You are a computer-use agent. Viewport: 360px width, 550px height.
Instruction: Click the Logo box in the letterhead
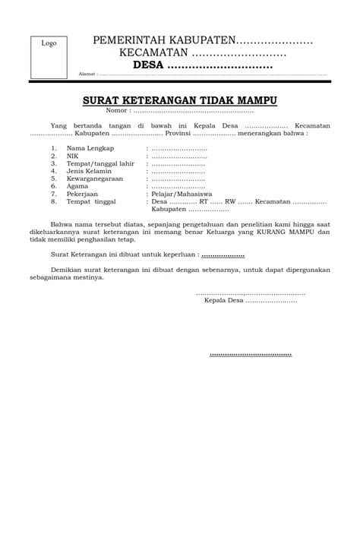pyautogui.click(x=49, y=55)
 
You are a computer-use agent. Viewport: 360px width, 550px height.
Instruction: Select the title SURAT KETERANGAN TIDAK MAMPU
pyautogui.click(x=179, y=99)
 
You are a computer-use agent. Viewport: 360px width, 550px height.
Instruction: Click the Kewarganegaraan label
pyautogui.click(x=96, y=179)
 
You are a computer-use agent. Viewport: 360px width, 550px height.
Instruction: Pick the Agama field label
pyautogui.click(x=77, y=186)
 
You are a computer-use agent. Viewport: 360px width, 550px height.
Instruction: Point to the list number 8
pyautogui.click(x=54, y=202)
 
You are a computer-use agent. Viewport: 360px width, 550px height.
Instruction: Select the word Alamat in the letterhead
pyautogui.click(x=87, y=74)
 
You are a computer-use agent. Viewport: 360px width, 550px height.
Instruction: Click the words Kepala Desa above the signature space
pyautogui.click(x=223, y=302)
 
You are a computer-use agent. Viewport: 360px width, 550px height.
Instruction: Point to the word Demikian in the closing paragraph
pyautogui.click(x=66, y=269)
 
